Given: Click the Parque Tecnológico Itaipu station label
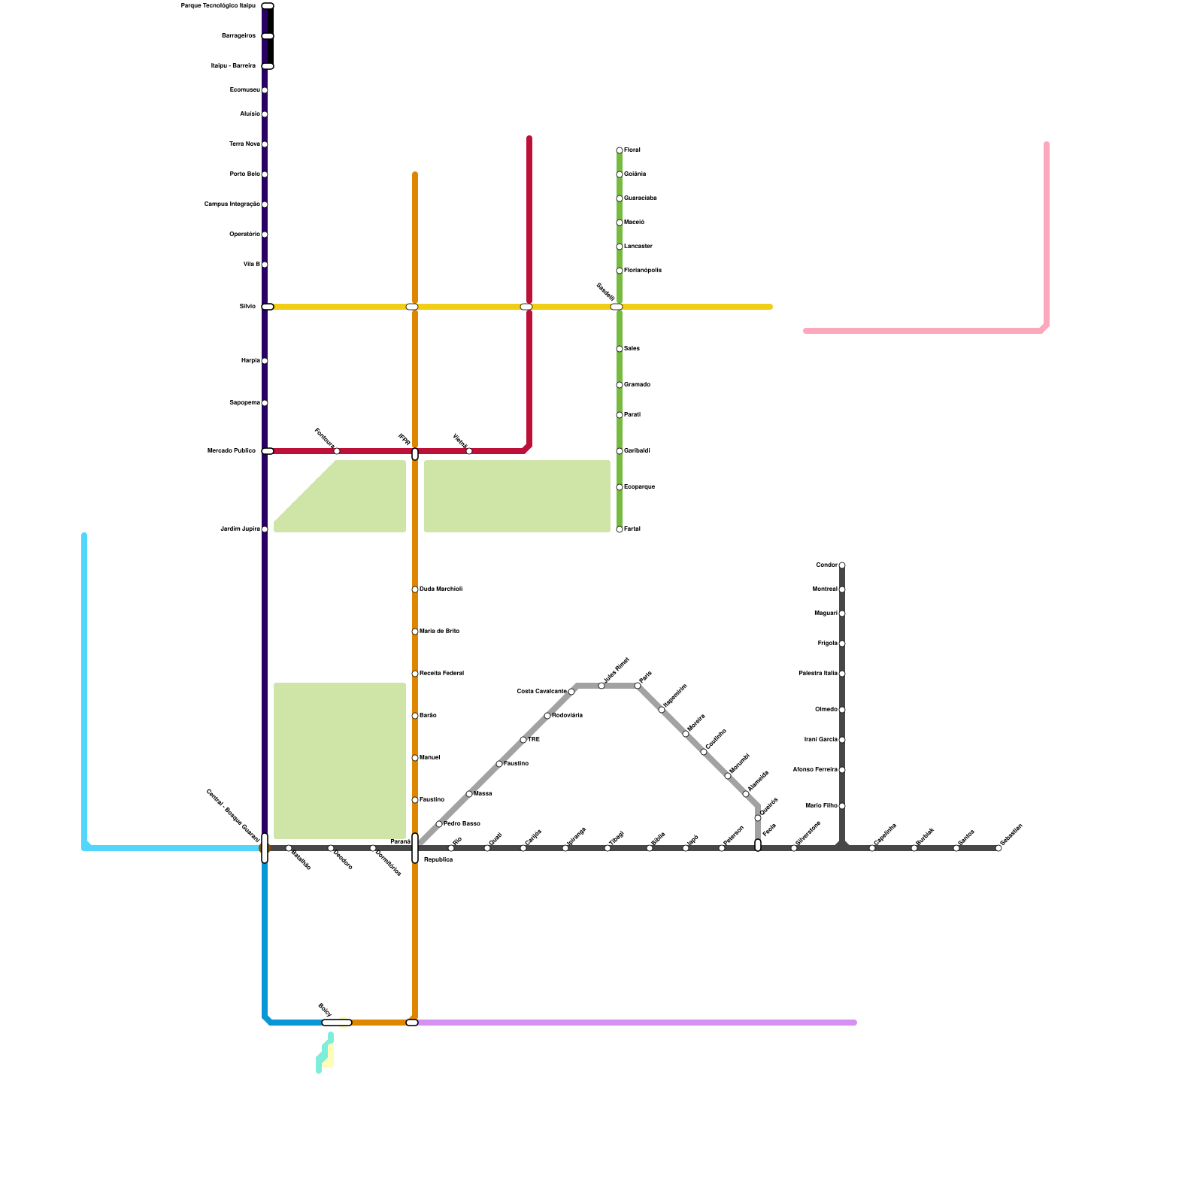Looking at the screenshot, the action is point(218,6).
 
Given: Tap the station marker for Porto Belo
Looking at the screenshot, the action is point(265,174).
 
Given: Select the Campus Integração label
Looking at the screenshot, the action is point(232,205).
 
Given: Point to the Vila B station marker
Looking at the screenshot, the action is point(265,265).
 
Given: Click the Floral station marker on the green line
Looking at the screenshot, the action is point(620,150).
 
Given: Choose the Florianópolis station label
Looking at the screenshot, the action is point(643,271).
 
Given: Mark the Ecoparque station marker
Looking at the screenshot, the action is point(620,487).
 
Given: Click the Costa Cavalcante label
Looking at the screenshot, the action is point(541,692).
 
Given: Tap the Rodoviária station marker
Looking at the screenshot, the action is point(547,716).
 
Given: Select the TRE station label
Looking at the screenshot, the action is point(534,740).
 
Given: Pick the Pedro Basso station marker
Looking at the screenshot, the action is point(439,824).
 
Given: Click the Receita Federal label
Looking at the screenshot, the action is point(441,674).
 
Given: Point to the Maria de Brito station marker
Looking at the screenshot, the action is point(415,632).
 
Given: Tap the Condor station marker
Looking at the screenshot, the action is point(842,565).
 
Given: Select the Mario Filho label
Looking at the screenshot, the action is point(821,806).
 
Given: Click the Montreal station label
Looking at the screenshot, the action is point(825,589).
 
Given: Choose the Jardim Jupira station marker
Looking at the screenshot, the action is point(265,529).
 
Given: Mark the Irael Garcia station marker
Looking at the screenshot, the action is point(842,740).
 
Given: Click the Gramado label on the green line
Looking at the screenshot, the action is point(637,385).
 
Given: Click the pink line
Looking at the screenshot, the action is point(925,331).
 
